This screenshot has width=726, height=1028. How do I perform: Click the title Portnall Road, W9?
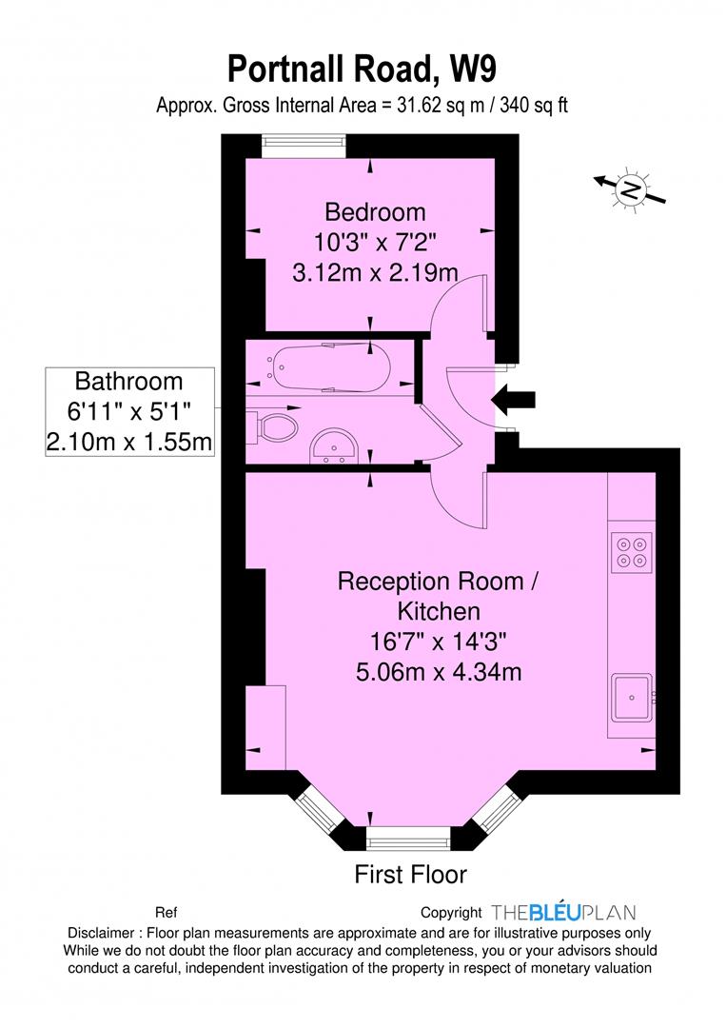pos(362,69)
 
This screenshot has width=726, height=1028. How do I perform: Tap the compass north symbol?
pos(630,189)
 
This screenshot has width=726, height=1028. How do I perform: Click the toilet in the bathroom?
pos(272,427)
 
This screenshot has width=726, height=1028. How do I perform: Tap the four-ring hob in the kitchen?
pos(632,552)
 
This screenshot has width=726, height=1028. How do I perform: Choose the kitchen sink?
pos(633,697)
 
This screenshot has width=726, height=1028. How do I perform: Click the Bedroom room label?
pos(376,211)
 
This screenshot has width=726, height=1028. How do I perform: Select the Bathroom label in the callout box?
pos(129,381)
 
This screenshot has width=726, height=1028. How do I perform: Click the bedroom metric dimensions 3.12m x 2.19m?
pos(375,272)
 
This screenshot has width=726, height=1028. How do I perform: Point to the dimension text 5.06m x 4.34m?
pos(439,672)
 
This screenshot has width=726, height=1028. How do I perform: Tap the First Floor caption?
pos(410,875)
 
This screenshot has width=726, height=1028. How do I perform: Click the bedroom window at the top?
pos(304,147)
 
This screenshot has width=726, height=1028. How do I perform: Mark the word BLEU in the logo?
pos(555,913)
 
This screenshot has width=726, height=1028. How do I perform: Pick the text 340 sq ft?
pos(534,106)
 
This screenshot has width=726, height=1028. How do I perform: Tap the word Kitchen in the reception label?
pos(439,611)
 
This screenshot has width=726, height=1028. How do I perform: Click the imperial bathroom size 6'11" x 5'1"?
pos(129,411)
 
